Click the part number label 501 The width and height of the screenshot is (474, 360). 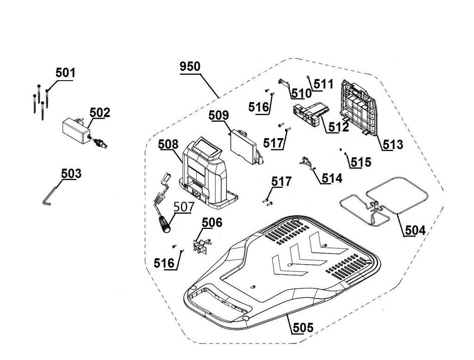[x=65, y=73]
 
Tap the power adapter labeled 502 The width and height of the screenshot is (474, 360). [x=77, y=130]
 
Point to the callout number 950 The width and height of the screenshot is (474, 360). [x=190, y=66]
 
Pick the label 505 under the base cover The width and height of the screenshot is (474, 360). [x=303, y=328]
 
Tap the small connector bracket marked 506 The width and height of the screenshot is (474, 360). [x=201, y=245]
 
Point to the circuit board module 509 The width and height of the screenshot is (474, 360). [x=244, y=146]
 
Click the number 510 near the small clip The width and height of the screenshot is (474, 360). [x=301, y=93]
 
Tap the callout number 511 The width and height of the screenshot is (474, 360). [x=324, y=84]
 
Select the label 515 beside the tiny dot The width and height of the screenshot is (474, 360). [x=361, y=162]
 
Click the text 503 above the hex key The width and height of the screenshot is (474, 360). [x=71, y=173]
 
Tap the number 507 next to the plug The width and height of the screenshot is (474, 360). [x=183, y=206]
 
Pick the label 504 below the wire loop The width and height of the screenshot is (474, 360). [x=415, y=230]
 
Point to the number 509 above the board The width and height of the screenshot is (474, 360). [x=218, y=115]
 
